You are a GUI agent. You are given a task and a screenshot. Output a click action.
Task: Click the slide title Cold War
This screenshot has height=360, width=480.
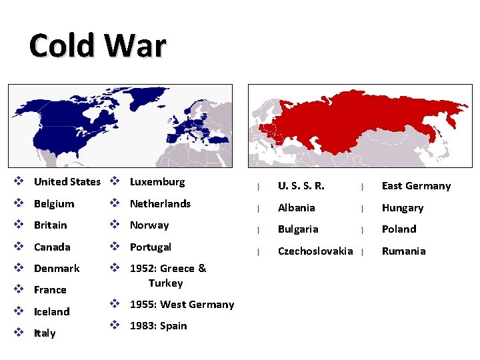tap(97, 46)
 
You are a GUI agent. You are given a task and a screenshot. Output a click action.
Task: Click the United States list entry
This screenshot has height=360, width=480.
tap(67, 182)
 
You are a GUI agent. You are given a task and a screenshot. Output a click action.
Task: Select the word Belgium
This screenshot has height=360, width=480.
tap(54, 203)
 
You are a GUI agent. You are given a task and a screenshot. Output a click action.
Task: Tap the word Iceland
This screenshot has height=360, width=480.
tap(51, 311)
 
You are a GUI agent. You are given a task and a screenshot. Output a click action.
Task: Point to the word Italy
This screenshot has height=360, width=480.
tap(45, 333)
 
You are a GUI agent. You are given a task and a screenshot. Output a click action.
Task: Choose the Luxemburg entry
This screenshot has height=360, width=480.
tap(157, 182)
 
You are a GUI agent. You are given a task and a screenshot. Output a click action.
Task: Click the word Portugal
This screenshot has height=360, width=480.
tap(150, 247)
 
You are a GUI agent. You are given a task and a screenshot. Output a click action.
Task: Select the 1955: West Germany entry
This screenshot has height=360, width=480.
tap(181, 304)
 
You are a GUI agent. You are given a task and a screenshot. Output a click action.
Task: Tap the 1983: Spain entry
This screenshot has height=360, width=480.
tap(158, 325)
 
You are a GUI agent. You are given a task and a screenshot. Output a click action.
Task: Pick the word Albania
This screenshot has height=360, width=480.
tap(296, 207)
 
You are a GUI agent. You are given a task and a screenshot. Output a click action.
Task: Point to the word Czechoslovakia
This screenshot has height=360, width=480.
tap(315, 251)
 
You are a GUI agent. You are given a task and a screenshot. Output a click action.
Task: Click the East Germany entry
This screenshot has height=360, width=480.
tap(416, 186)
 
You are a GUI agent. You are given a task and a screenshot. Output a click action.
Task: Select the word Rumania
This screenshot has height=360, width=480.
tap(403, 251)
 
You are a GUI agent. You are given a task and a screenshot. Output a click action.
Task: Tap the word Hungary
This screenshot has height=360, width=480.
tap(402, 207)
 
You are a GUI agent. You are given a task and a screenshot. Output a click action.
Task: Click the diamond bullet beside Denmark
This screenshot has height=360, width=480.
tap(19, 268)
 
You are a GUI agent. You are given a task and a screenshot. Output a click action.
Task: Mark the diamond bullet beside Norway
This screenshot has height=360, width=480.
tap(115, 225)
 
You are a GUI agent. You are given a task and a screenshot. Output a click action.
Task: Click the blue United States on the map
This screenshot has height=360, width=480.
tap(63, 137)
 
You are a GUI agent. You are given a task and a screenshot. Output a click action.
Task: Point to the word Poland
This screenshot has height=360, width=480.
tap(399, 229)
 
